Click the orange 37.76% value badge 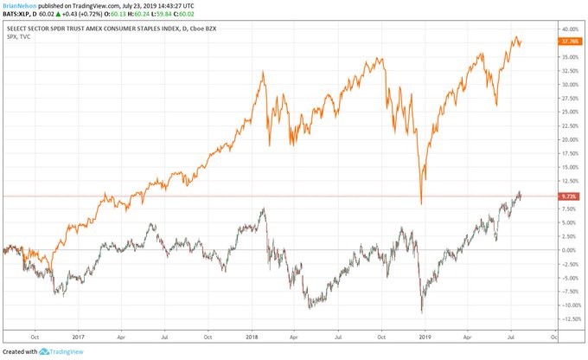tap(569, 40)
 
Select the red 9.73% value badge tap(568, 196)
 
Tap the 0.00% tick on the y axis tap(568, 250)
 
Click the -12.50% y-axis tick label tap(568, 318)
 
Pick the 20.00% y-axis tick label tap(569, 139)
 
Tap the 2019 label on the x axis tap(424, 335)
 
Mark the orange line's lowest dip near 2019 tap(420, 203)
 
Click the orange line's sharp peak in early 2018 tap(264, 72)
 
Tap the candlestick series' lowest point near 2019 tap(421, 312)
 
